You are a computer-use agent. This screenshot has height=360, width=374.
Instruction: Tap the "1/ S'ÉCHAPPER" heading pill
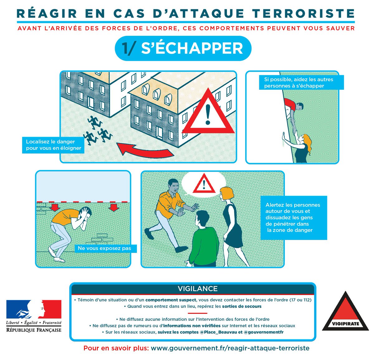pos(183,48)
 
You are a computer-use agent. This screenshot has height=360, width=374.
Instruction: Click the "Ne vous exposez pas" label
pos(104,248)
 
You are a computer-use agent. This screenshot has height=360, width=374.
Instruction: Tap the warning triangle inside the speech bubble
pos(204,184)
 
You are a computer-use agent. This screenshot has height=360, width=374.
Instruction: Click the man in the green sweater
pos(204,240)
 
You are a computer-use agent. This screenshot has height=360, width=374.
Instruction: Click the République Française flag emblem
pos(34,309)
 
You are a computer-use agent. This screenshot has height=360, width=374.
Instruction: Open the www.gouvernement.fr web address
pos(230,348)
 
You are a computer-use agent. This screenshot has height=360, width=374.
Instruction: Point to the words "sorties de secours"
pos(242,306)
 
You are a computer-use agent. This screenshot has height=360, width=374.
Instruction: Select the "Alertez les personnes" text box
pos(293,217)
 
